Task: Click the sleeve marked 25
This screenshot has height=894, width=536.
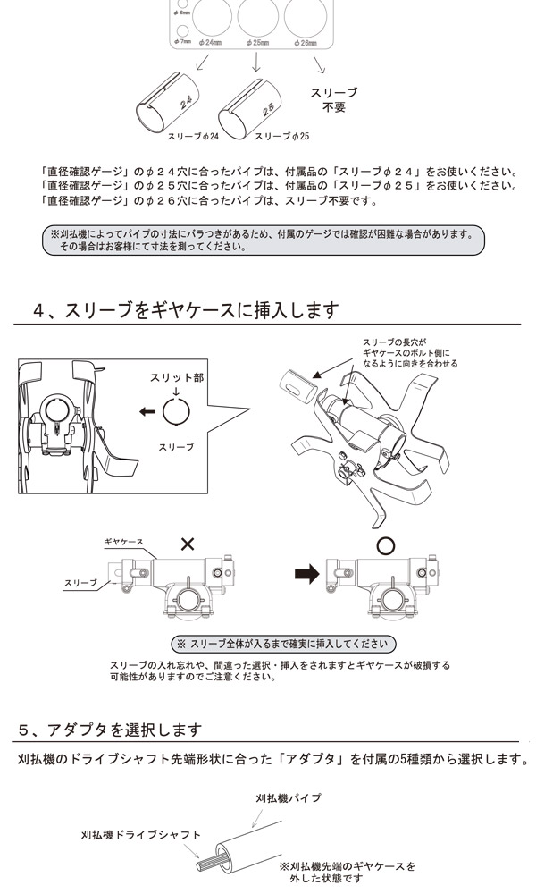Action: [252, 105]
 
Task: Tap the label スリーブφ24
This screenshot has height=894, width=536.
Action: [193, 137]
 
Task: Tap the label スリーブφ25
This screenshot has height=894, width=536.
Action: [282, 137]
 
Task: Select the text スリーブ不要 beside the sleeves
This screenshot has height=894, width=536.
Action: [334, 100]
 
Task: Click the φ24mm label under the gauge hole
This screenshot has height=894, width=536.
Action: [211, 43]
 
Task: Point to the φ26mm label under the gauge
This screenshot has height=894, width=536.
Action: [306, 43]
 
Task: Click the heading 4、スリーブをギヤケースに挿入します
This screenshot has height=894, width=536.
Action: [186, 311]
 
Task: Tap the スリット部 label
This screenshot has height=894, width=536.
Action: [177, 377]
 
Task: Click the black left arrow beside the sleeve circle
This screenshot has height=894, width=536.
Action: [147, 411]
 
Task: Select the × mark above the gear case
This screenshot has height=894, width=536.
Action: [187, 544]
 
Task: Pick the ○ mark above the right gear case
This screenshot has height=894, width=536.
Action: [386, 545]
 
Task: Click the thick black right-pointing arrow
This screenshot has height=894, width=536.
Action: [307, 574]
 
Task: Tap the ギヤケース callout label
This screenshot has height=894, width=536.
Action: [123, 542]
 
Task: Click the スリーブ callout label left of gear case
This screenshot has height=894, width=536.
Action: [80, 583]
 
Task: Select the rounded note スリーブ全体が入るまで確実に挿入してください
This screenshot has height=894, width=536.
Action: [284, 644]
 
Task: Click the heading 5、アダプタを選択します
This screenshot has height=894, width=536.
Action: [111, 730]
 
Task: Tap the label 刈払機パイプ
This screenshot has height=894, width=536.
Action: [289, 797]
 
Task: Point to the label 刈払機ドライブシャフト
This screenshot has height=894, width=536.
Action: [140, 835]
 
